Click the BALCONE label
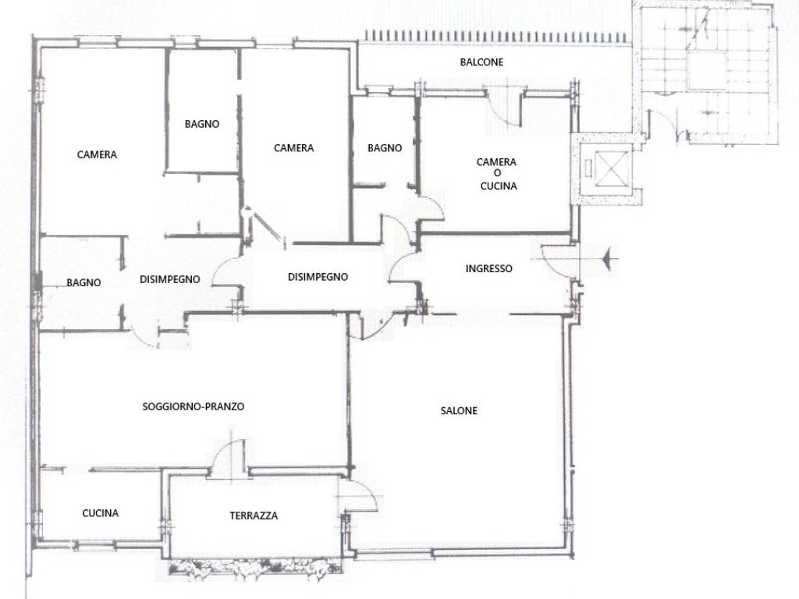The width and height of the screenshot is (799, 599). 481,62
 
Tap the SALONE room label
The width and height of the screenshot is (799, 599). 459,410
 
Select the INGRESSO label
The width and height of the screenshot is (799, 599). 488,268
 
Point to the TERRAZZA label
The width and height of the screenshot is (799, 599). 254,516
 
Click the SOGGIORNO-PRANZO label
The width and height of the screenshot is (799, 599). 194,406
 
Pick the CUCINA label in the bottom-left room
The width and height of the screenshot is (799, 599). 101,513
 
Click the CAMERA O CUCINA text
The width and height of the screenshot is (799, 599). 497,174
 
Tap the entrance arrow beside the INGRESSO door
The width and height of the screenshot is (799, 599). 606,260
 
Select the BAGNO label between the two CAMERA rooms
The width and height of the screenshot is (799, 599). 202,124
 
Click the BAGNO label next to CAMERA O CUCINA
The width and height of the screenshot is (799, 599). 385,147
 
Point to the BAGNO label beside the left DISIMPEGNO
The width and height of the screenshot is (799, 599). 83,282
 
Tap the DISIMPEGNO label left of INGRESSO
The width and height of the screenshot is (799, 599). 318,277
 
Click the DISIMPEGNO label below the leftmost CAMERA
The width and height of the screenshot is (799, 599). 169,279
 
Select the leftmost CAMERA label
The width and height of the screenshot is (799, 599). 97,154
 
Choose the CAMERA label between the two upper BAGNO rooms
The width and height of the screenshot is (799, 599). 293,147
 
